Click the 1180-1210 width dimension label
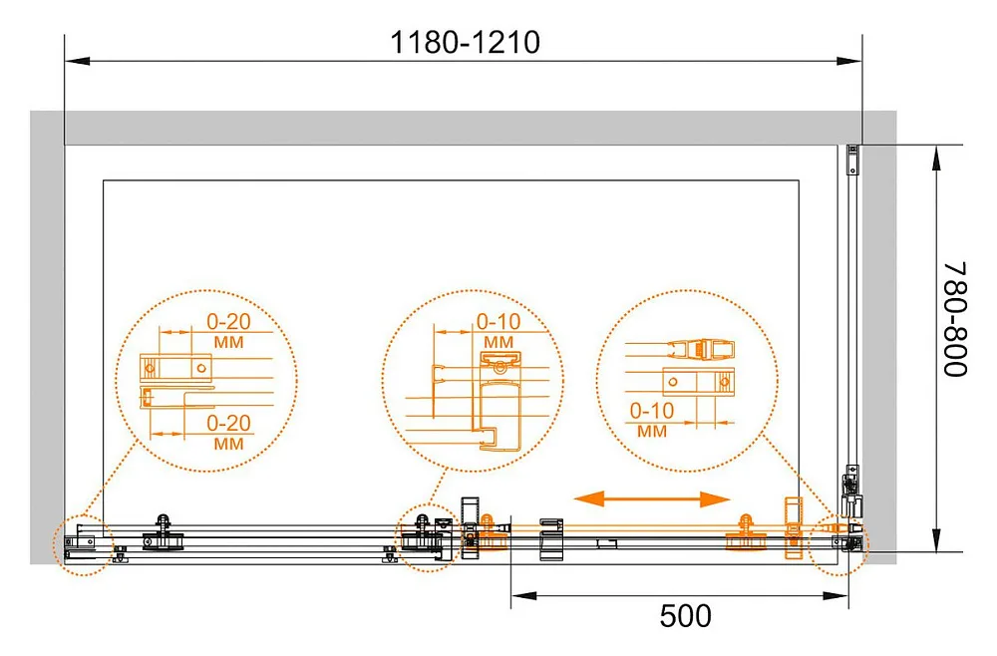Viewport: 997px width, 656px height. click(465, 43)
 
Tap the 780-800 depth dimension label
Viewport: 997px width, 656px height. click(953, 319)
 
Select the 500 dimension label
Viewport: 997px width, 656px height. click(685, 616)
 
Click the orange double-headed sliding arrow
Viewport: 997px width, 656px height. click(652, 499)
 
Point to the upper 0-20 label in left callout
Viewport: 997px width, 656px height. click(228, 322)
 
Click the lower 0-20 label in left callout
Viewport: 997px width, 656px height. click(228, 423)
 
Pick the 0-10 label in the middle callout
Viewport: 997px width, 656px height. click(498, 322)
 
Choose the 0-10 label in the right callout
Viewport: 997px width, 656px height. click(652, 411)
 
